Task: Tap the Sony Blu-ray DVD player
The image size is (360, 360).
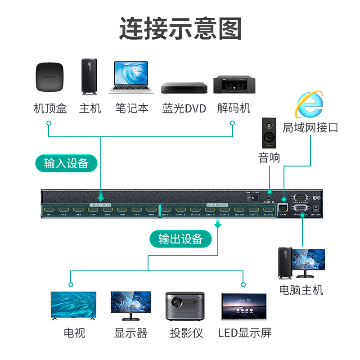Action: pos(184,87)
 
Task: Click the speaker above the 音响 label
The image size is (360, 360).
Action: pos(270,133)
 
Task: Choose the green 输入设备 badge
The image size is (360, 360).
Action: pos(66,163)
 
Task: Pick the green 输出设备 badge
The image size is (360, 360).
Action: pos(180,239)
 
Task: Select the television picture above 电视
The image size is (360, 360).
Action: pos(73,306)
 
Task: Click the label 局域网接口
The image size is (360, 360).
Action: pos(310,127)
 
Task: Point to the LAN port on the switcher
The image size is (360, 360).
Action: pos(283,207)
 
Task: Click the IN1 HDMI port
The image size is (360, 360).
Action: pos(49,209)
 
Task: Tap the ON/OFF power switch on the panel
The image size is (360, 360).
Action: pos(254,197)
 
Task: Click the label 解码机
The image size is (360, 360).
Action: pos(234,108)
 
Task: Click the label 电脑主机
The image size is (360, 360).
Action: pos(301,289)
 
